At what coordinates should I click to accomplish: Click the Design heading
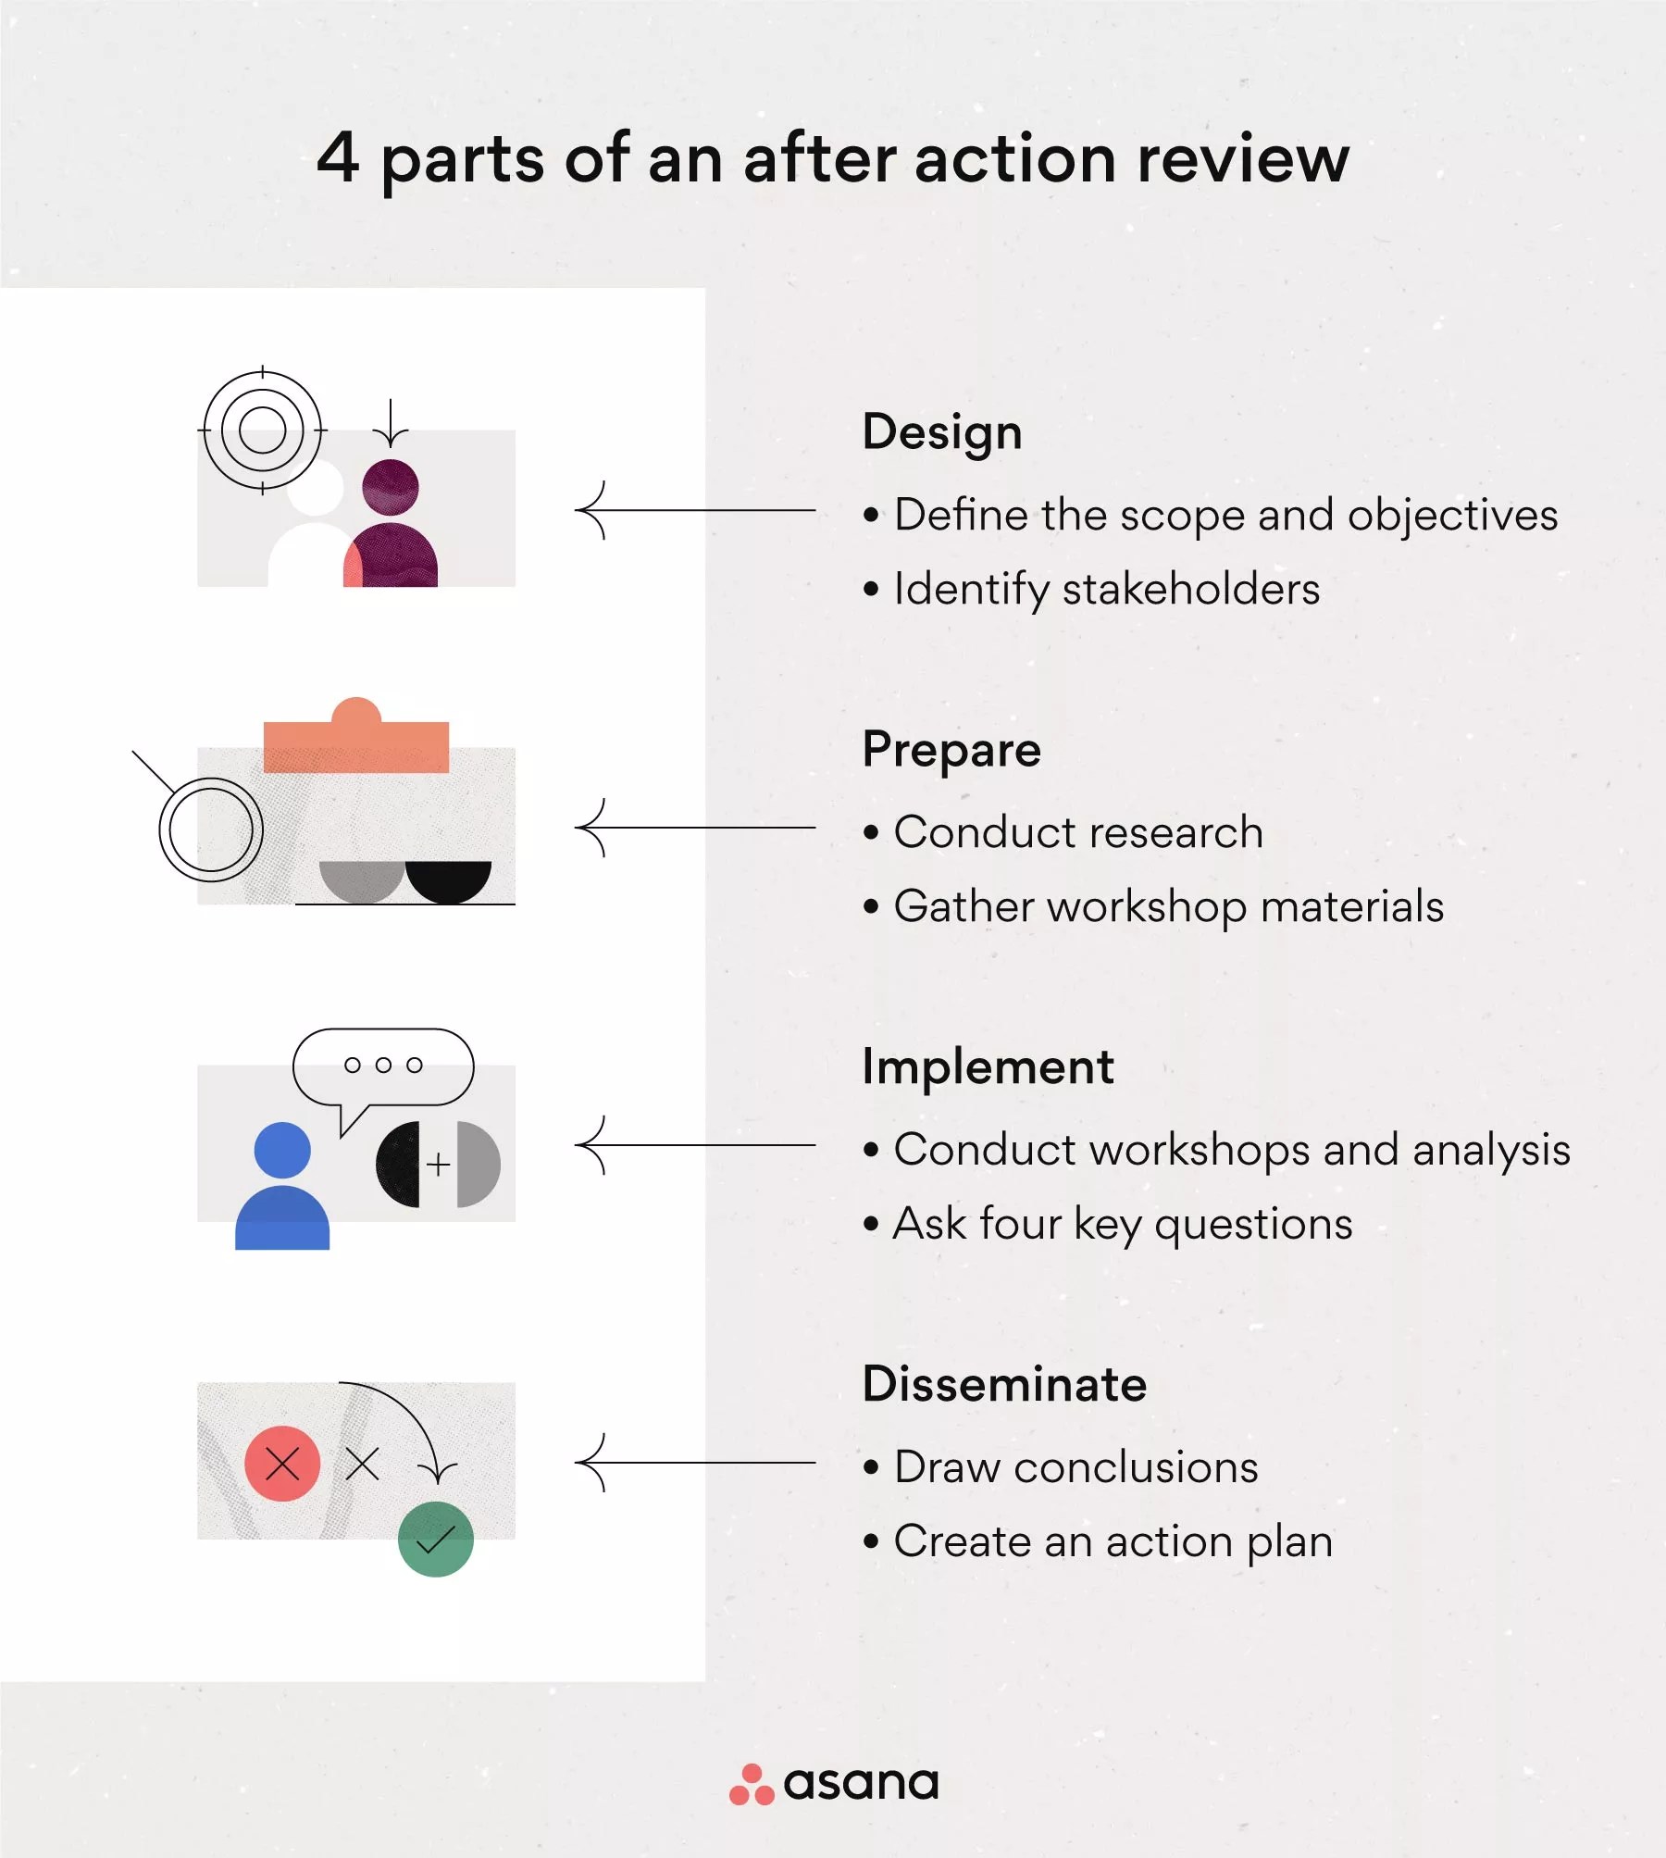tap(941, 432)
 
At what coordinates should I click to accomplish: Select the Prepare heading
tap(951, 750)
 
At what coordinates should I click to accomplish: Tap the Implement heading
tap(988, 1067)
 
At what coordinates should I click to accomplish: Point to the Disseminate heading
tap(1004, 1385)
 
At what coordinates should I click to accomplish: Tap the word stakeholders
tap(1190, 590)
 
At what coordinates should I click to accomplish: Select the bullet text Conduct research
tap(1077, 832)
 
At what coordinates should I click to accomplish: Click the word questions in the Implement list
tap(1253, 1225)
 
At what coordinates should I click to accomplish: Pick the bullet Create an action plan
tap(1113, 1542)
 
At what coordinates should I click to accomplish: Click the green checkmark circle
tap(435, 1540)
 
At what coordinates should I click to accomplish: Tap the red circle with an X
tap(282, 1464)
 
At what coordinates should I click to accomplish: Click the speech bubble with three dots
tap(383, 1066)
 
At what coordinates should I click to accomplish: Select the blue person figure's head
tap(282, 1150)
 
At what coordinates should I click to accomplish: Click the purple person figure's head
tap(391, 487)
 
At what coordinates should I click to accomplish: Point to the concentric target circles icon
tap(262, 430)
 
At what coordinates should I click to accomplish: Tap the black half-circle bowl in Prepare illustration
tap(449, 879)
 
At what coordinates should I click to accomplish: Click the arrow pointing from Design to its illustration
tap(694, 510)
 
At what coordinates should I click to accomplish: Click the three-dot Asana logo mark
tap(752, 1785)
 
